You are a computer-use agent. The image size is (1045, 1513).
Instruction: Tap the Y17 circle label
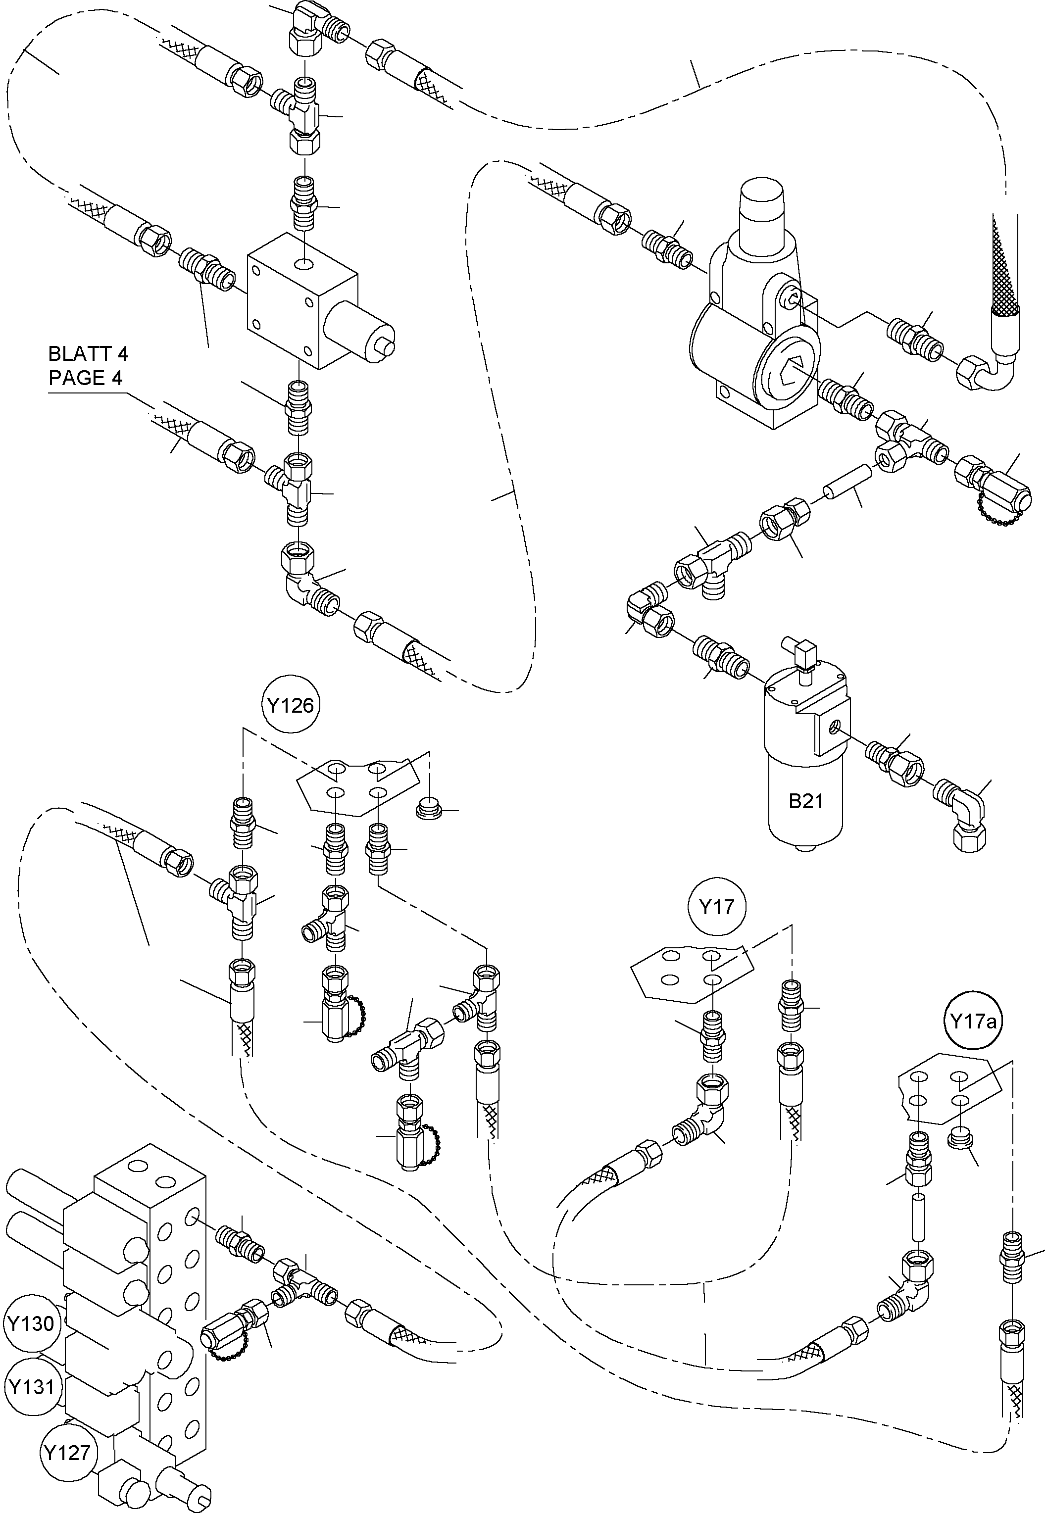tap(716, 907)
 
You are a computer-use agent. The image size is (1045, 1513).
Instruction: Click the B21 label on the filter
tap(805, 801)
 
